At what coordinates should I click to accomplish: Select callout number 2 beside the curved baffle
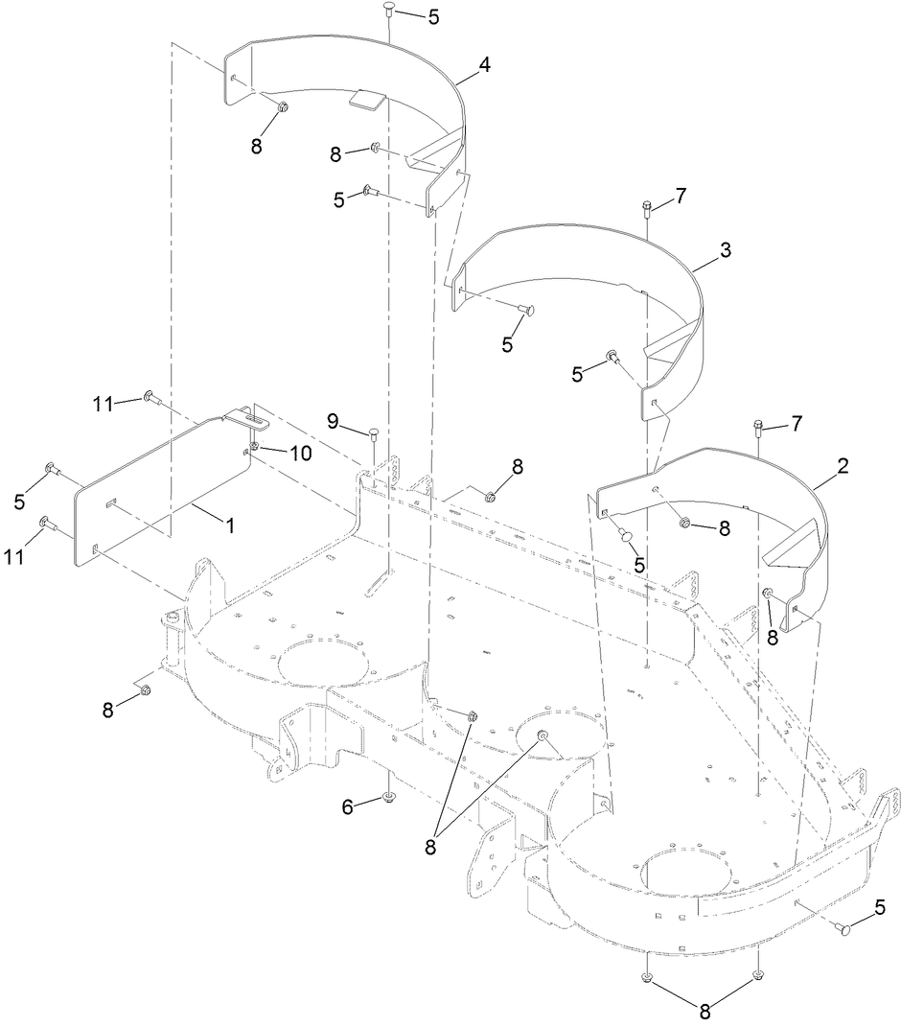click(x=842, y=467)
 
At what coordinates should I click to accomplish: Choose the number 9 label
click(x=334, y=420)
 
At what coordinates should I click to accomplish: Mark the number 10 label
click(x=301, y=454)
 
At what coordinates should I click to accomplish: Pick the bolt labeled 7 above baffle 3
click(x=647, y=205)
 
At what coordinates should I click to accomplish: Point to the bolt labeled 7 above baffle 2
click(x=758, y=427)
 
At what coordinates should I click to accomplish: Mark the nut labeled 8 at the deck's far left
click(x=145, y=690)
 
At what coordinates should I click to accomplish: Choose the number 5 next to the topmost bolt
click(x=433, y=16)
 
